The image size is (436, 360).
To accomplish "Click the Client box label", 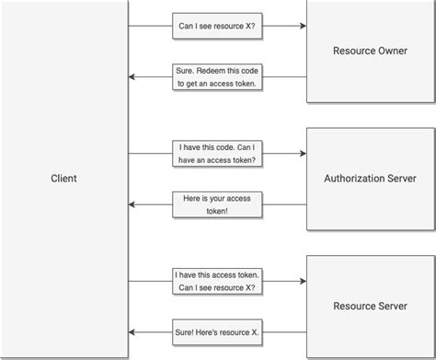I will [x=63, y=179].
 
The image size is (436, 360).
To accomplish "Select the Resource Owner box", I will [x=370, y=52].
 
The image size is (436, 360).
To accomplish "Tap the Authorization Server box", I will [x=370, y=179].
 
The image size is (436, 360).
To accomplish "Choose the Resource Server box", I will [x=370, y=306].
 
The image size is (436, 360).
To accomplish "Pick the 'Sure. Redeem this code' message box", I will [x=216, y=76].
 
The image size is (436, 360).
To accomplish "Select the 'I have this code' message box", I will [x=216, y=153].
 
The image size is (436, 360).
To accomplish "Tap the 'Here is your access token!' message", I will [x=216, y=203].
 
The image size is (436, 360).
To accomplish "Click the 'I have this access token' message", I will [x=216, y=280].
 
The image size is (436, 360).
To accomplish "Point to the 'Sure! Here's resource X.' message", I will [x=216, y=331].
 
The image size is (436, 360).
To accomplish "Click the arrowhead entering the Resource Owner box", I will [x=302, y=27].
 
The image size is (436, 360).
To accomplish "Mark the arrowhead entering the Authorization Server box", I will [x=302, y=153].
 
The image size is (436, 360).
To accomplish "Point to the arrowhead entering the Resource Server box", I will [x=302, y=280].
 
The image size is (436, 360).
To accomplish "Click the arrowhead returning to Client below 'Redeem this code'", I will [x=132, y=76].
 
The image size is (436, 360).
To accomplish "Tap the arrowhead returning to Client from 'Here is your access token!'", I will [x=132, y=203].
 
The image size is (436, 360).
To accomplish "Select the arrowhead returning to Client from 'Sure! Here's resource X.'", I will [x=132, y=331].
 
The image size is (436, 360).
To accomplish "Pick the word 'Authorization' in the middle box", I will [x=354, y=179].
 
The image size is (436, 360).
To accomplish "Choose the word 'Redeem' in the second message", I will [x=214, y=70].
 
